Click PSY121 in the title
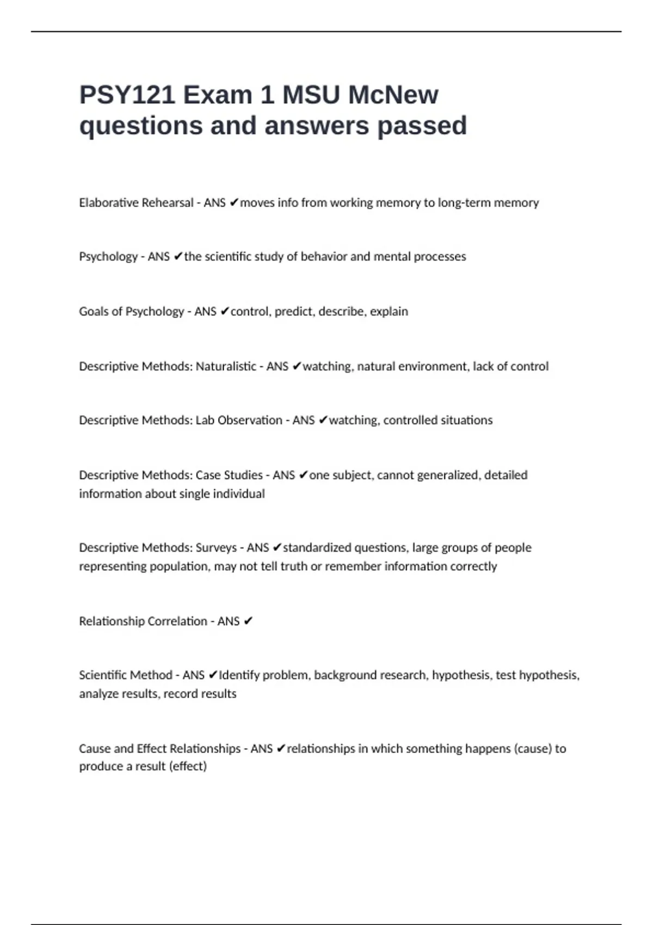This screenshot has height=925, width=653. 127,95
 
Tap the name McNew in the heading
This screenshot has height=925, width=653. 393,95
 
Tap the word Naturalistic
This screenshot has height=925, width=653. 226,367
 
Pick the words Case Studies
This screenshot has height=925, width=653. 229,476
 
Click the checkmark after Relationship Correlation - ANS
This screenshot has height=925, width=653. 248,621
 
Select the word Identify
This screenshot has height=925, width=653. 239,675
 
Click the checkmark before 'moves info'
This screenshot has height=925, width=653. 233,203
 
